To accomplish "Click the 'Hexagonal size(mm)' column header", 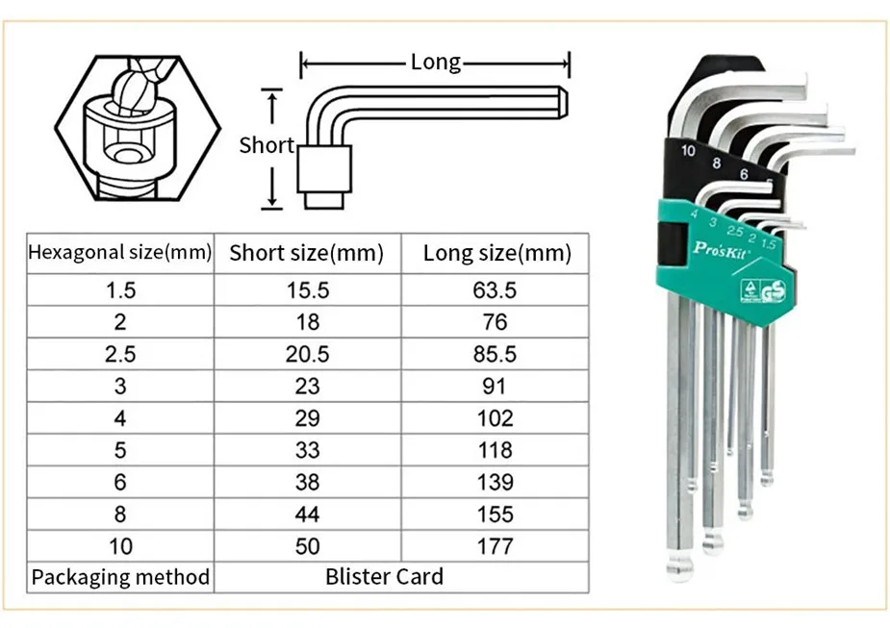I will tap(119, 253).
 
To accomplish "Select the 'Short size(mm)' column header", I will tap(306, 254).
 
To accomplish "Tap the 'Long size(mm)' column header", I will tap(496, 254).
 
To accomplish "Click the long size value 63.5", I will tap(496, 289).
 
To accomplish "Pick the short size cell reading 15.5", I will tap(307, 289).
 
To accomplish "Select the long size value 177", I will tap(496, 546).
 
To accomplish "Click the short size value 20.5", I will tap(307, 354).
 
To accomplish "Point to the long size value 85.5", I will tap(496, 354).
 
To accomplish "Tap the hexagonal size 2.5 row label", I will tap(120, 354).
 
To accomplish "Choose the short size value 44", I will tap(307, 515).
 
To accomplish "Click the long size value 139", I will tap(496, 482).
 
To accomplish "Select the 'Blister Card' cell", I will tap(385, 577).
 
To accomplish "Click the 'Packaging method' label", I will tap(120, 577).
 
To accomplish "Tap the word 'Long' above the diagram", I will tap(436, 63).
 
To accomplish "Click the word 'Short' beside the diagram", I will tap(267, 145).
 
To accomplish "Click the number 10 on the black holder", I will tap(687, 151).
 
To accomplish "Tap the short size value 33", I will tap(307, 450).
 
